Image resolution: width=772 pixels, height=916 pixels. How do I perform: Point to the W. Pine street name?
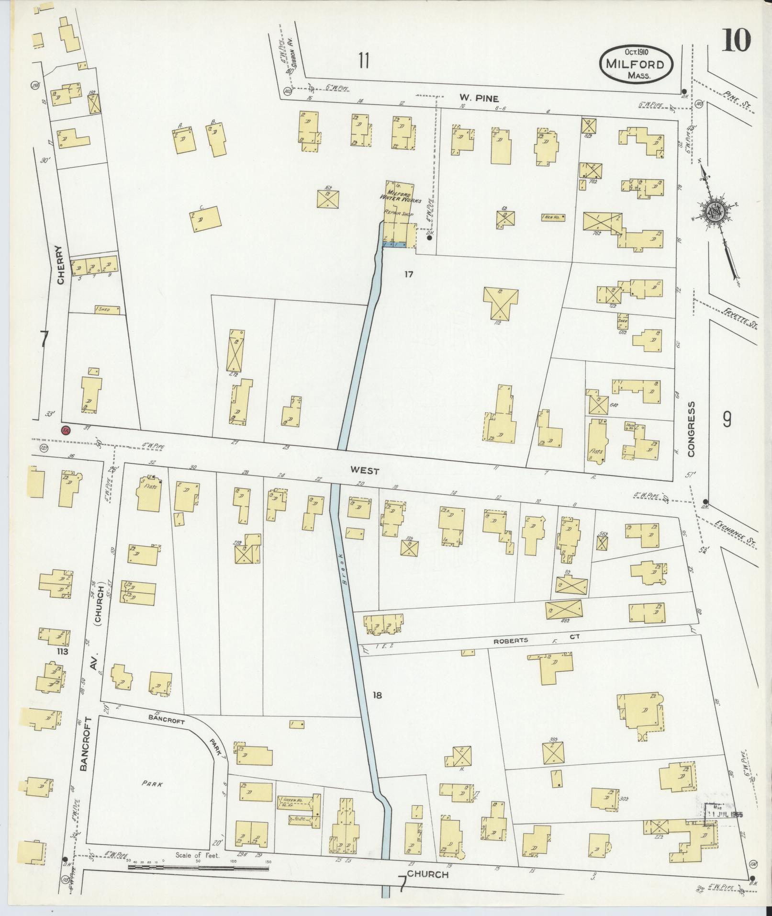pos(476,99)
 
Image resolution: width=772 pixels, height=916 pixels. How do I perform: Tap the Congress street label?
pos(692,428)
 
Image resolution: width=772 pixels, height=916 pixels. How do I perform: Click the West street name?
pos(365,471)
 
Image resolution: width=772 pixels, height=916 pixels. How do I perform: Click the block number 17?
pos(408,275)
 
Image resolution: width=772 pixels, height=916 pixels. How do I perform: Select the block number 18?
pos(378,695)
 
